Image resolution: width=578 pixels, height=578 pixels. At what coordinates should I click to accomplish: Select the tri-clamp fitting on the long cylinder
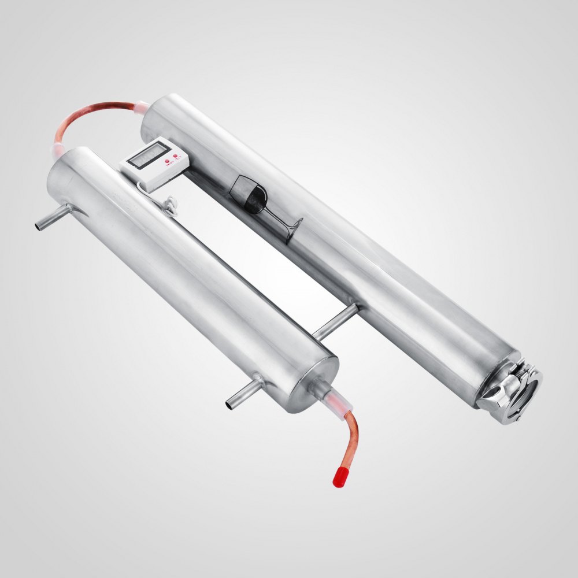512,388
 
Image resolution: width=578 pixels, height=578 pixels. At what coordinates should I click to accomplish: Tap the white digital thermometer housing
150,165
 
